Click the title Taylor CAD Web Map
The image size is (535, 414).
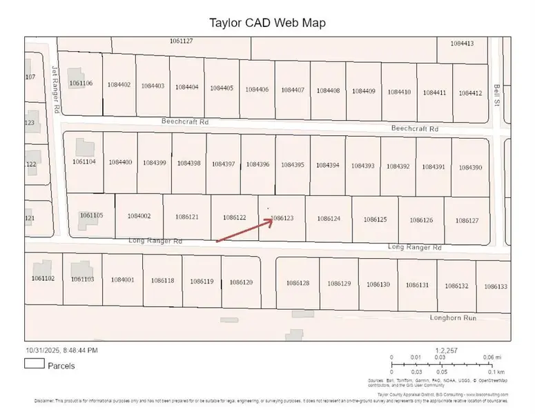pyautogui.click(x=266, y=23)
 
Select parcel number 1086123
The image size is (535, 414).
pyautogui.click(x=282, y=218)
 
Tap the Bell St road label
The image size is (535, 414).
pyautogui.click(x=497, y=95)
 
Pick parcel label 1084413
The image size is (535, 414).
pyautogui.click(x=462, y=43)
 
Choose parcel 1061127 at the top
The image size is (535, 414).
pyautogui.click(x=181, y=41)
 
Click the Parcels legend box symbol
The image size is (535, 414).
pyautogui.click(x=35, y=365)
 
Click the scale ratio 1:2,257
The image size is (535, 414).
pyautogui.click(x=447, y=351)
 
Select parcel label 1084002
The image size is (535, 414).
pyautogui.click(x=139, y=216)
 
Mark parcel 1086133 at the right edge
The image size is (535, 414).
pyautogui.click(x=496, y=286)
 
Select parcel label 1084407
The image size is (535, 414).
pyautogui.click(x=293, y=90)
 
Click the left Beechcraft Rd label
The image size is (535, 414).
pyautogui.click(x=184, y=121)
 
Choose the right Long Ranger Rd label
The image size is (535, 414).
pyautogui.click(x=414, y=246)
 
